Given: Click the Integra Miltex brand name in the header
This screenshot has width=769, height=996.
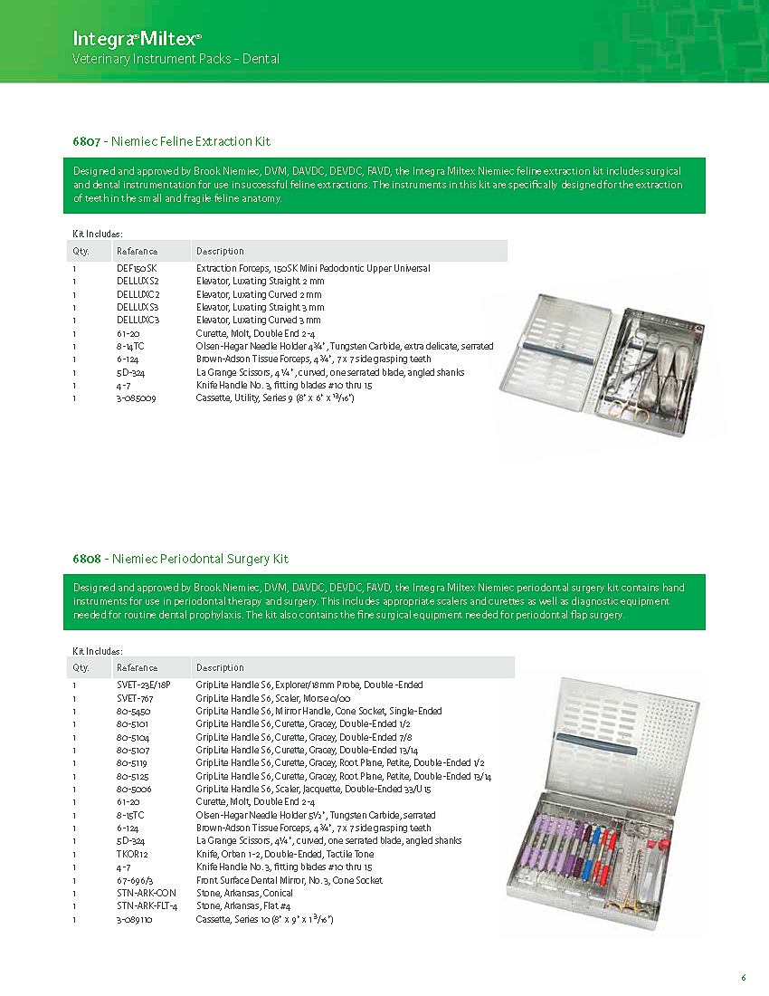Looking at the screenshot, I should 137,39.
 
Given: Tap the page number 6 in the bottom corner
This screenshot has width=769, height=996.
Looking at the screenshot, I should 744,977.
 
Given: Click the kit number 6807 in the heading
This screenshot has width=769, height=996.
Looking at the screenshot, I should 87,141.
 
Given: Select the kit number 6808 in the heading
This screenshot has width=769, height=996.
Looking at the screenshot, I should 87,559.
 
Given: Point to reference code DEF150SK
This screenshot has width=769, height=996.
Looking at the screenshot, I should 137,269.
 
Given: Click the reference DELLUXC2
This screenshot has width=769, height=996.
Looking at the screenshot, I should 138,294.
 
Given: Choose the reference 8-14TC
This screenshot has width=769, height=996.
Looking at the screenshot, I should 132,346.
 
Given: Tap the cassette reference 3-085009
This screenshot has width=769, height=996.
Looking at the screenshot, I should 137,398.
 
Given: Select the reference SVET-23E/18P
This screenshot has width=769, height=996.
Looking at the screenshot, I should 144,685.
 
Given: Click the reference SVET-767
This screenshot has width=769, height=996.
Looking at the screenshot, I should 134,698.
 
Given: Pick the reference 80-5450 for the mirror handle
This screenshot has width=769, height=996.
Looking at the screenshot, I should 133,711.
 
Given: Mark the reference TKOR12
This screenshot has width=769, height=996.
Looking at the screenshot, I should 132,854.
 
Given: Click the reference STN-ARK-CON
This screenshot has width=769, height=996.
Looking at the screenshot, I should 146,893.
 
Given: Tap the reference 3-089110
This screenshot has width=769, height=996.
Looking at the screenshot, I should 134,919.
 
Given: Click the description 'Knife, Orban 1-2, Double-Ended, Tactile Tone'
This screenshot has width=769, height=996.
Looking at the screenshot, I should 285,854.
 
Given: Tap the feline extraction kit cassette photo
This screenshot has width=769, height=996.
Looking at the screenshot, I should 603,359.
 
